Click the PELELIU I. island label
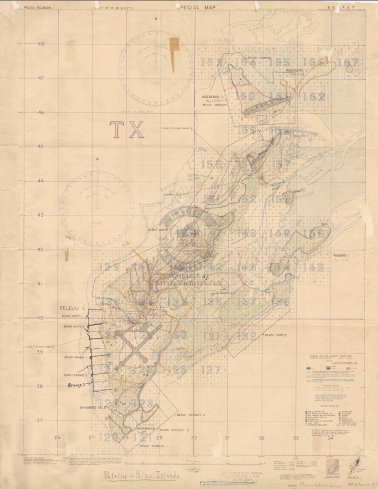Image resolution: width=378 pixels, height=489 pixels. point(71,308)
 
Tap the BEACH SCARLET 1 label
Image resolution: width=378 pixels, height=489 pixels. point(154,446)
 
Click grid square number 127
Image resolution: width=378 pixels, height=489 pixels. point(210,370)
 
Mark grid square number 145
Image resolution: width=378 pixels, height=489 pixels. point(313,267)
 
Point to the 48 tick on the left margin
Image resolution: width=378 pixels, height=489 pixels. point(41,44)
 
